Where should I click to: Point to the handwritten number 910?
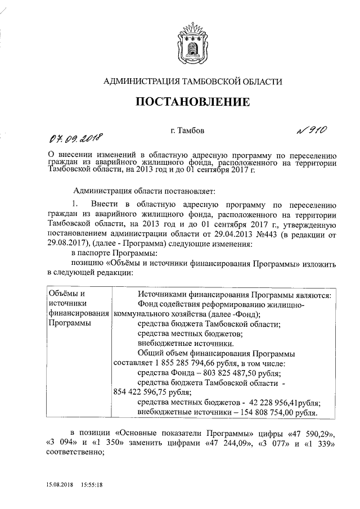[312, 130]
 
